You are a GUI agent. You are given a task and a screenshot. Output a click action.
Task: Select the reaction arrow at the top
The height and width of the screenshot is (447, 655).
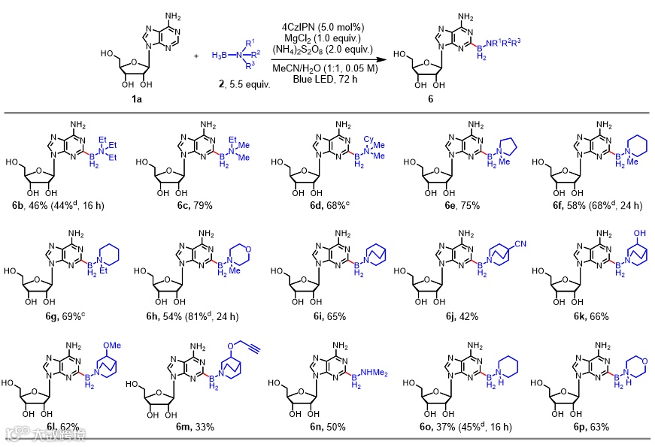point(324,56)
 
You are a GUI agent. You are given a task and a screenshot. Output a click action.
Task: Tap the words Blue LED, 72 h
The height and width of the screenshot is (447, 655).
point(324,78)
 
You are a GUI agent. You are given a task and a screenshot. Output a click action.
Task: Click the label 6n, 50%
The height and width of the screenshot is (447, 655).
point(328,427)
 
